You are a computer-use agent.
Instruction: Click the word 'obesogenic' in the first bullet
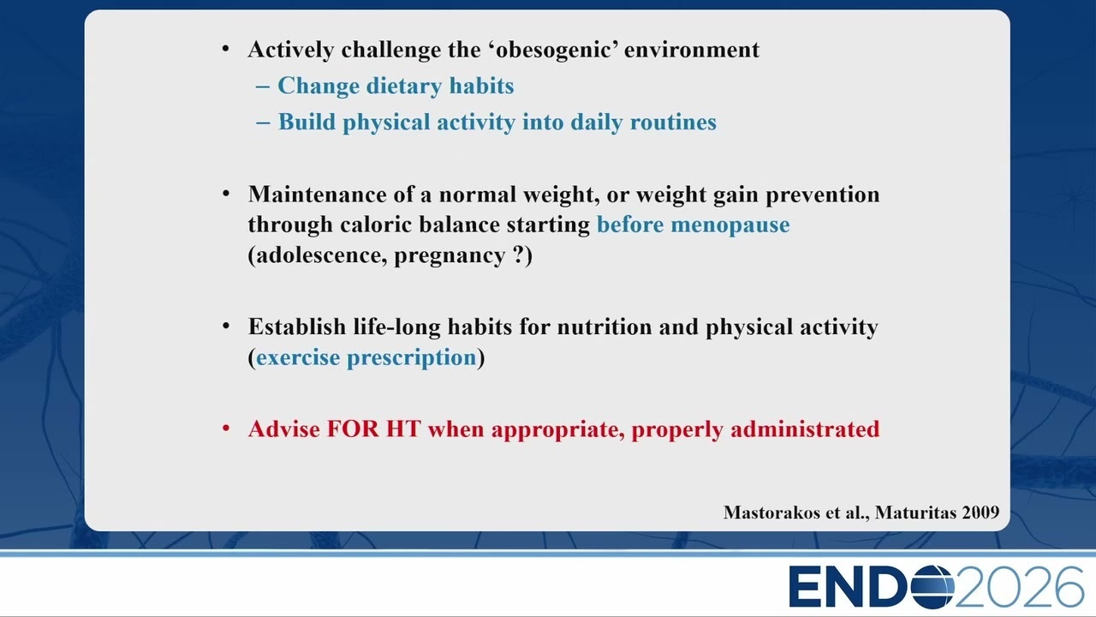[x=554, y=50]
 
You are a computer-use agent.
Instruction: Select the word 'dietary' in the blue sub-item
[x=404, y=87]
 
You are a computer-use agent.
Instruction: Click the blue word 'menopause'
[x=730, y=225]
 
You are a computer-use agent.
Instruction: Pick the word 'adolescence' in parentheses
[x=321, y=255]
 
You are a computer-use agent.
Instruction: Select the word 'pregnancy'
[x=450, y=256]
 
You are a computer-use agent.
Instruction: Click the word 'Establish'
[x=297, y=326]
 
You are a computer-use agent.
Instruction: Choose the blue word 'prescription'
[x=412, y=358]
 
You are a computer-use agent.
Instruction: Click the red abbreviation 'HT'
[x=403, y=429]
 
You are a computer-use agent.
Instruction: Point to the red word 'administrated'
[x=805, y=429]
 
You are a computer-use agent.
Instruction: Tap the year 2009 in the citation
[x=980, y=512]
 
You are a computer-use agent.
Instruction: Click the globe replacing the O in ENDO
[x=932, y=587]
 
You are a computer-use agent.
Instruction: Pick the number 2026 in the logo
[x=1019, y=587]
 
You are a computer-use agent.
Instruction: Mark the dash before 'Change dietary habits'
[x=263, y=87]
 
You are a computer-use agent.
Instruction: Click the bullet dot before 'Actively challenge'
[x=225, y=49]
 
